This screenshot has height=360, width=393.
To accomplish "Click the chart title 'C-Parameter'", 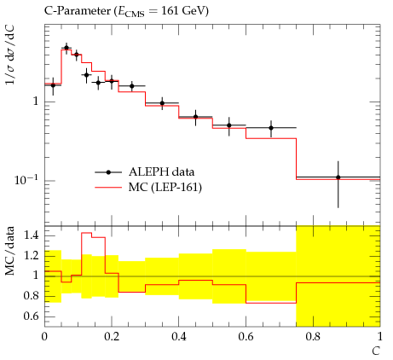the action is tap(77, 11).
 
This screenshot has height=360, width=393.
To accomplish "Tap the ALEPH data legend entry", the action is tap(145, 172).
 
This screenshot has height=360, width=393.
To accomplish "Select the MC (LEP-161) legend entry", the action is tap(148, 188).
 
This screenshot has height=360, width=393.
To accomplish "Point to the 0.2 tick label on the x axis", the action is tap(112, 337).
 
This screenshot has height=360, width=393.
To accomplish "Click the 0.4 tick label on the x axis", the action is tap(179, 337).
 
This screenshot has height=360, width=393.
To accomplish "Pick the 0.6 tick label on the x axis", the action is tap(246, 337).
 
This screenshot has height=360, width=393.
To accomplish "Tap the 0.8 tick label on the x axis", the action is tap(313, 337).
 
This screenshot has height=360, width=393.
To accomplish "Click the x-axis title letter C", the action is tap(376, 351).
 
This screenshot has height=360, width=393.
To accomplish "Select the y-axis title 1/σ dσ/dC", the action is tap(10, 55).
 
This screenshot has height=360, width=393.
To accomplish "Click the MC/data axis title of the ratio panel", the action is tap(10, 251).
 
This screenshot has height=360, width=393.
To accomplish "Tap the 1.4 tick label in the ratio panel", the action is tap(31, 235).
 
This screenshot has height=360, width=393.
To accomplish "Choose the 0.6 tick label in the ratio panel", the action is tap(31, 316).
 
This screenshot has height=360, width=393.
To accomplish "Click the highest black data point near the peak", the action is tap(66, 48).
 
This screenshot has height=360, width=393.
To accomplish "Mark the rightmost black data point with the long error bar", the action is tap(338, 177).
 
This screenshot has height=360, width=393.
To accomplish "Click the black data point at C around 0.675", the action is tap(271, 128).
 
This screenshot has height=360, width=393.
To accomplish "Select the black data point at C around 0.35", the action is tap(162, 103).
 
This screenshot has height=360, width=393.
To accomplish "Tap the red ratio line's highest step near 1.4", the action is tap(87, 233).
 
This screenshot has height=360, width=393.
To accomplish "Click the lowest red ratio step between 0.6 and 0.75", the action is tap(271, 303).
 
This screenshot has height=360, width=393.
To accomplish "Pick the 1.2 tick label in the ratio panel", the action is tap(31, 256).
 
